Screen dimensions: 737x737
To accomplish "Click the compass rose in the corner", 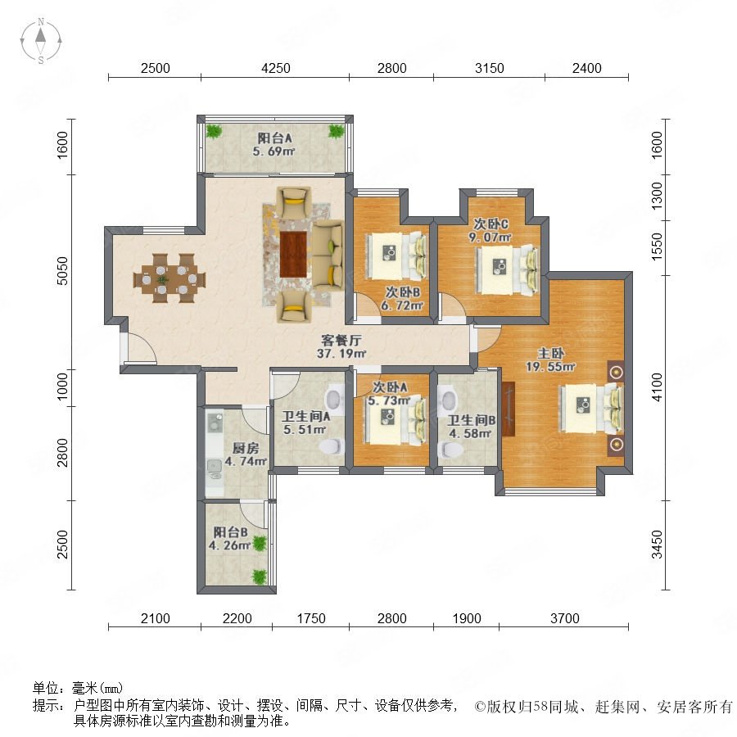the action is [41, 41].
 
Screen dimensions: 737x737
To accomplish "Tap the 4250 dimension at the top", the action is [276, 68].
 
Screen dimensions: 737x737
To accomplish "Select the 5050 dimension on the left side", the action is [62, 271].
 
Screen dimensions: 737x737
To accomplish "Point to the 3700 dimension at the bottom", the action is [564, 618].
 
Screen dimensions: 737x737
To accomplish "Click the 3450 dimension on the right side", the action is [657, 544].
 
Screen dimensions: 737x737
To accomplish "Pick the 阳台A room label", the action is [274, 138].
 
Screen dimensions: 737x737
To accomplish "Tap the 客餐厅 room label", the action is [341, 340].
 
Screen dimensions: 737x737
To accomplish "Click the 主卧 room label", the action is [551, 353].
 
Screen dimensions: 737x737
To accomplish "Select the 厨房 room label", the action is [246, 448].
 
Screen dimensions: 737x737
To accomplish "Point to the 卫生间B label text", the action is [471, 420].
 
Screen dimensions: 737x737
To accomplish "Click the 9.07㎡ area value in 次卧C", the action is [490, 237].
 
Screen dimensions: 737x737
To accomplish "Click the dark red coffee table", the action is [293, 255].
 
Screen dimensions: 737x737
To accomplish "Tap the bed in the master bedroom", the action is [590, 408].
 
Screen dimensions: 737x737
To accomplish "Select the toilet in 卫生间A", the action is [332, 446].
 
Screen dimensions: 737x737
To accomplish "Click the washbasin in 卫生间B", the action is [447, 400].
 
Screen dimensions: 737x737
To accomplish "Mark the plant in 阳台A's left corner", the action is [214, 131].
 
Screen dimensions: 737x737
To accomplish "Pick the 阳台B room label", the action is [230, 532].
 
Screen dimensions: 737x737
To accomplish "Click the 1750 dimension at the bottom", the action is [311, 618].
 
